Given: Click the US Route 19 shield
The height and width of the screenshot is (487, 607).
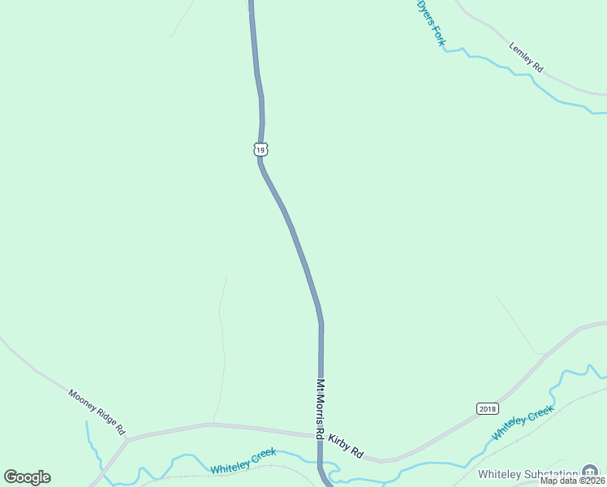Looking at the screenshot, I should click(x=260, y=149).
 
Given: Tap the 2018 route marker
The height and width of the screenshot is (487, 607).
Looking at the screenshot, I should click(x=487, y=408).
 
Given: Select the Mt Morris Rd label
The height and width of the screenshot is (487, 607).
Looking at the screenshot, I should click(x=321, y=409).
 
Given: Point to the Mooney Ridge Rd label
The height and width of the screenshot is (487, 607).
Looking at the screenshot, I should click(x=97, y=410).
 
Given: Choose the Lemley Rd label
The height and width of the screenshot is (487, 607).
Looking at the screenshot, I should click(x=525, y=58).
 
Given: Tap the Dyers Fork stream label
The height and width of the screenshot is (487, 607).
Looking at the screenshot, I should click(x=431, y=23).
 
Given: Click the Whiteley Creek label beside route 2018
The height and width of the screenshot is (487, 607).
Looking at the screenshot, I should click(x=523, y=423).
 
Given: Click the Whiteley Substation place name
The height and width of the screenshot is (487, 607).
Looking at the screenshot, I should click(x=528, y=474).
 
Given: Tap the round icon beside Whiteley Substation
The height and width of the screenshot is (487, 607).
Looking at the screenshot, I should click(x=590, y=472).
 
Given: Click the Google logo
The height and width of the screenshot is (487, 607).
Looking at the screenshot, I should click(x=27, y=477).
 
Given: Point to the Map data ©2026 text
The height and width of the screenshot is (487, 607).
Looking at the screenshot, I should click(x=573, y=481).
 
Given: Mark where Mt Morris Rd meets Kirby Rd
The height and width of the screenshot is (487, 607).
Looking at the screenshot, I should click(x=321, y=436).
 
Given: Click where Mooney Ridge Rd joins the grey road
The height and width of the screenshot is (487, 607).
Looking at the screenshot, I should click(x=127, y=439).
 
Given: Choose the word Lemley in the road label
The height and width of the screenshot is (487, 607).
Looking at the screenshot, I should click(x=519, y=53).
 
